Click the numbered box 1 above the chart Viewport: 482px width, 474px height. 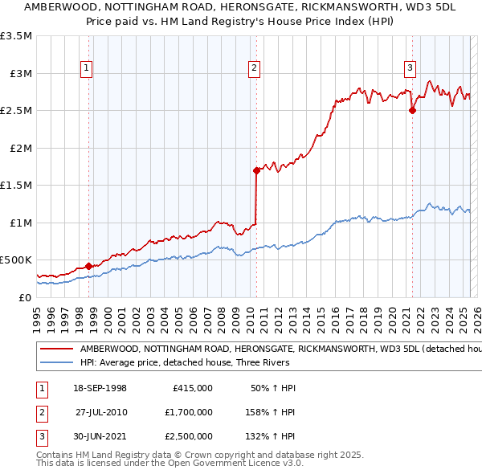pos(86,68)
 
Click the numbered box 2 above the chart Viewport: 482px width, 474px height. pos(254,68)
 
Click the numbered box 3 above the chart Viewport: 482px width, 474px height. pos(410,68)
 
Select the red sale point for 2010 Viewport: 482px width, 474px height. pos(256,170)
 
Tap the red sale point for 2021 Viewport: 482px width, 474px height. pos(412,111)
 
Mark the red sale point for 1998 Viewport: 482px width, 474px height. pos(89,266)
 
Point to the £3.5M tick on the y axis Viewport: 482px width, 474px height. pos(16,36)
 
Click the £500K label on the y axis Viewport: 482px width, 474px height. pos(16,260)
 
